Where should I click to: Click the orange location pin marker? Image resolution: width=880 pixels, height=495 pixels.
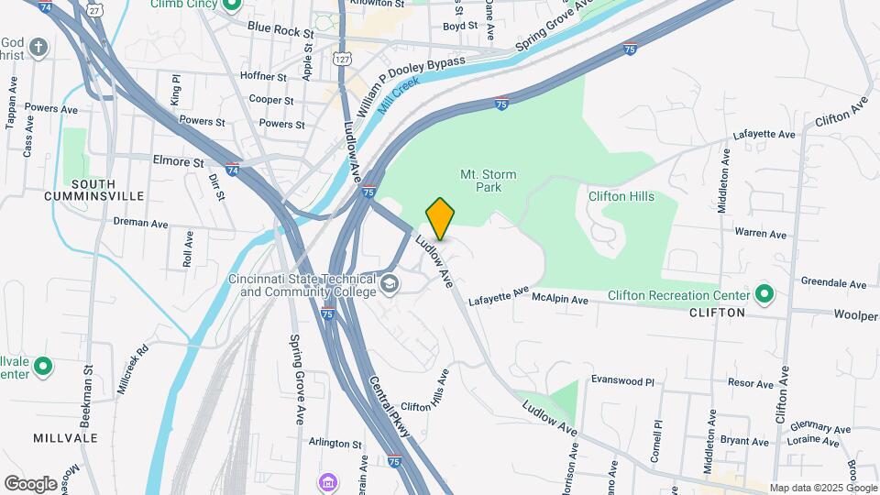click(440, 218)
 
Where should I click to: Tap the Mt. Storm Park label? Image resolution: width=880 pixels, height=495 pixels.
click(488, 181)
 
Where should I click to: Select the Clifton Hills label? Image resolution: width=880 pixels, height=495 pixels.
click(620, 196)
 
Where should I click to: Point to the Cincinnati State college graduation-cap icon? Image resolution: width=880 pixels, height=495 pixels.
click(390, 283)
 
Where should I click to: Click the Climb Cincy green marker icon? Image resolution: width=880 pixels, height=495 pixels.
click(231, 5)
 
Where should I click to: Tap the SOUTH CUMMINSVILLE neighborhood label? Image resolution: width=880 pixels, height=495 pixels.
click(93, 190)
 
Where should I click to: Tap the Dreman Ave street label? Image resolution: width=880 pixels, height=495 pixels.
click(141, 222)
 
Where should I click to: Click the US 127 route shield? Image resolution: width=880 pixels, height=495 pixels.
click(342, 58)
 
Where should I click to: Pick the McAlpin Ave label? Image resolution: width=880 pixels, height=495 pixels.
click(560, 300)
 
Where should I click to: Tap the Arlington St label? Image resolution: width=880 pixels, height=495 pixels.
click(335, 444)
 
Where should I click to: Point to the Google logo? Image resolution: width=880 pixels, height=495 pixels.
click(30, 483)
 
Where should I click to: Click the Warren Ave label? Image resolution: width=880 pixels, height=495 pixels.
click(761, 234)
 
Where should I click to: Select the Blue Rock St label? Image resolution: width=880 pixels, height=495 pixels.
click(280, 30)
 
